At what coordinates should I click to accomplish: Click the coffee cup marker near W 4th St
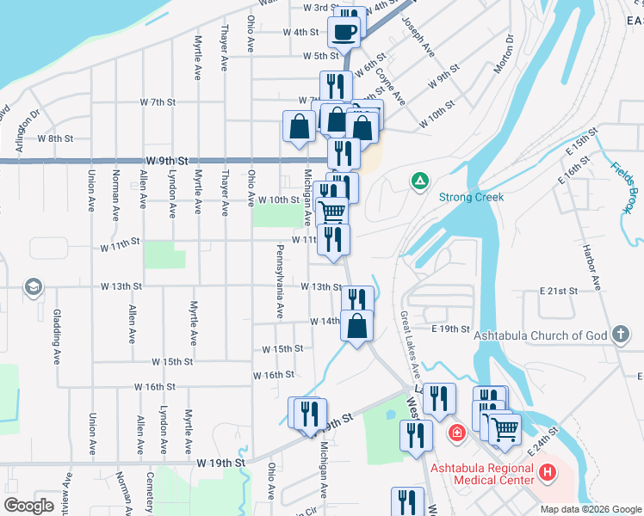[345, 34]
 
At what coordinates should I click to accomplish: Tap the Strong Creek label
[472, 197]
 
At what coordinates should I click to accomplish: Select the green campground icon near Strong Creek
[419, 181]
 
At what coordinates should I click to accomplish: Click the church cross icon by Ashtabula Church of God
[620, 335]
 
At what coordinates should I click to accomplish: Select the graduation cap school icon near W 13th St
[33, 286]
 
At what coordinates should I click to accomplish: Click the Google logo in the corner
[29, 506]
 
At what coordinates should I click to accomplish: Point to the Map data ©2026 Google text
[589, 509]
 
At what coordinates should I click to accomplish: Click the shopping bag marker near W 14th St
[357, 325]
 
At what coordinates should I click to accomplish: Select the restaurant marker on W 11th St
[333, 238]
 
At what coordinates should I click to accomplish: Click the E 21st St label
[558, 292]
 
